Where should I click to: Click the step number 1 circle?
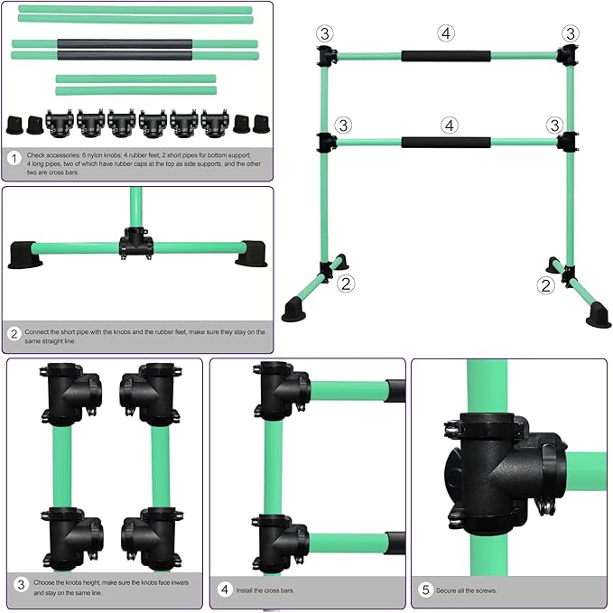click(x=14, y=158)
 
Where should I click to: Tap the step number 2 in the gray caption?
click(x=14, y=334)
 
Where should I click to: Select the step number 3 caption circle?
click(x=21, y=585)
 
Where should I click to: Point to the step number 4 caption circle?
click(x=225, y=590)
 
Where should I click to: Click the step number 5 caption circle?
click(x=426, y=590)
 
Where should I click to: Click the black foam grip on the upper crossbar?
click(x=446, y=56)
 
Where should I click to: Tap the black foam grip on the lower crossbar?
click(x=446, y=143)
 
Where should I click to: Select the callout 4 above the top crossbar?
click(x=446, y=33)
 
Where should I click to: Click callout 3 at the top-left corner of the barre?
click(x=325, y=33)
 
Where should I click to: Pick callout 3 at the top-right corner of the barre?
click(x=571, y=33)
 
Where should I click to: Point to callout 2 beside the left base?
click(x=346, y=283)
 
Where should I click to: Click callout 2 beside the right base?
click(x=546, y=285)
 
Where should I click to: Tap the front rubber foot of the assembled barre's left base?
click(x=293, y=310)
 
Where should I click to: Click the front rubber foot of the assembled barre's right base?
click(x=599, y=315)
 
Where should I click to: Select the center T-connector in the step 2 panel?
click(x=136, y=244)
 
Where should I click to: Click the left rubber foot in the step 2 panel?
click(x=24, y=255)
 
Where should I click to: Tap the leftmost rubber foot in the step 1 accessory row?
click(x=15, y=125)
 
